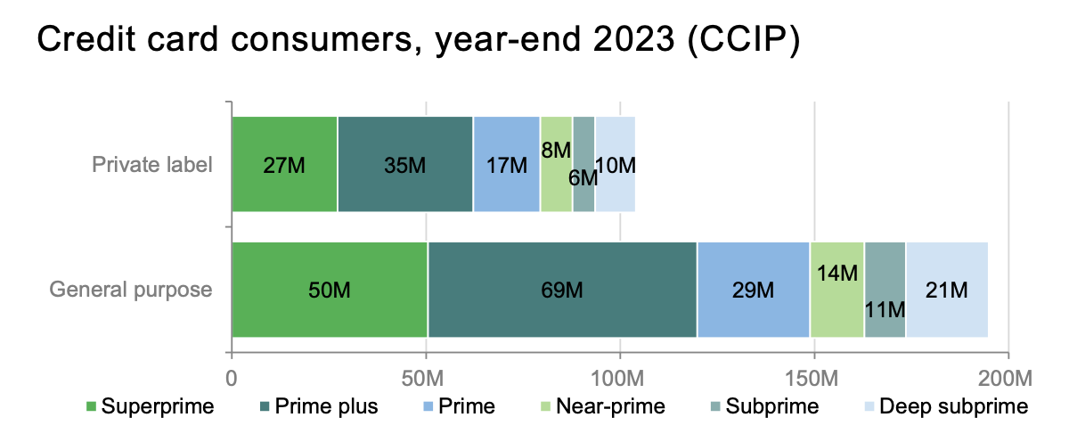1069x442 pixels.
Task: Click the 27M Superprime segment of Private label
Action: pos(284,165)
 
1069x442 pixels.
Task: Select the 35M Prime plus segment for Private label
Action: pos(405,165)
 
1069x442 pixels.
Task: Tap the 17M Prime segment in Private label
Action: pos(506,165)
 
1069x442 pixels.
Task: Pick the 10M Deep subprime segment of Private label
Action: pos(616,165)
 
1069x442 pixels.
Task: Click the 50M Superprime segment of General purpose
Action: pos(330,290)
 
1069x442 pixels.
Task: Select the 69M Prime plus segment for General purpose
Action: pos(562,290)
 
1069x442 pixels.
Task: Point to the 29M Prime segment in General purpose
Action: pos(753,290)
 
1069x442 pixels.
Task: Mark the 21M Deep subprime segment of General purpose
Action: pos(947,290)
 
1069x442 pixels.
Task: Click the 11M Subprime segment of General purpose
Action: pos(885,290)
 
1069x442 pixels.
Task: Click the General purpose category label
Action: pos(131,290)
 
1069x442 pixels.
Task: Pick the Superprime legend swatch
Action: pos(91,408)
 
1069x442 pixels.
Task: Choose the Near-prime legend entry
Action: pos(610,408)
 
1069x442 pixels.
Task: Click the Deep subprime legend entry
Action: pos(954,408)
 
